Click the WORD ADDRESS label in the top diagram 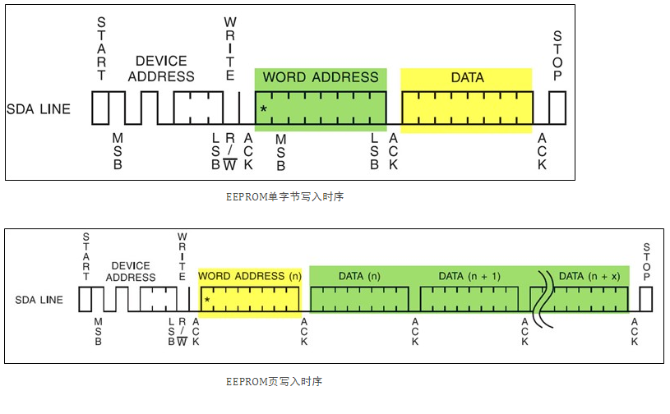coord(320,78)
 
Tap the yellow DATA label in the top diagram coord(467,78)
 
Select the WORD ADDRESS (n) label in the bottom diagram coord(250,276)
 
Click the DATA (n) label coord(360,276)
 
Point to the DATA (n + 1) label coord(469,276)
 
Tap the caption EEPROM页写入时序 coord(275,382)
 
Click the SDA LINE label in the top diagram coord(39,108)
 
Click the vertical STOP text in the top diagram coord(557,56)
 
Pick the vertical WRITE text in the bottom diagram coord(182,255)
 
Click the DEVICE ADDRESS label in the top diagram coord(160,68)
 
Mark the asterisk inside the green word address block coord(263,109)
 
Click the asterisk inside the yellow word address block coord(207,301)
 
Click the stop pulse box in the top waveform coord(557,108)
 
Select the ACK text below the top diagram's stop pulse coord(542,153)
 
